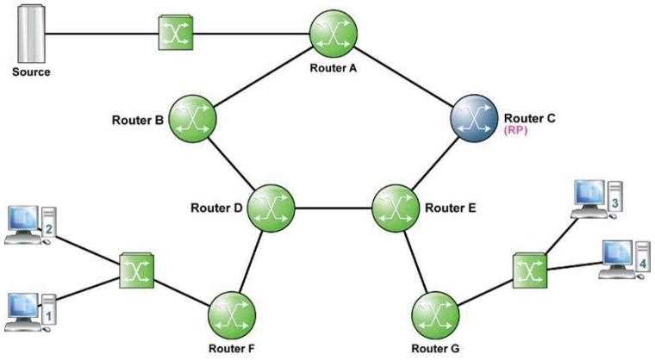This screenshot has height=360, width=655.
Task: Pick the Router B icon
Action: pos(190,117)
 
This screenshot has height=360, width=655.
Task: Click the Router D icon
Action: pos(271,208)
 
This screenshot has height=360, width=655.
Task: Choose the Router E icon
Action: pos(396,208)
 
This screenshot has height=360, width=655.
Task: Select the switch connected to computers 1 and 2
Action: pos(136,270)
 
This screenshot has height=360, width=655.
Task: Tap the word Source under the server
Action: pos(31,72)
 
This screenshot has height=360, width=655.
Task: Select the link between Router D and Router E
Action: pos(333,208)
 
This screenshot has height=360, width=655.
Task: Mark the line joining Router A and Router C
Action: pos(405,76)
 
